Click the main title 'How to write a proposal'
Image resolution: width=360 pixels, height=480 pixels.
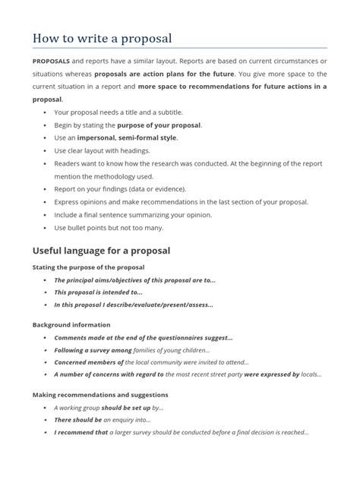point(102,38)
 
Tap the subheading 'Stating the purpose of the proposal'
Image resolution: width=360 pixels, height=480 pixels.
point(88,267)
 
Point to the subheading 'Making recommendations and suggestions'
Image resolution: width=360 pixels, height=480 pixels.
point(100,395)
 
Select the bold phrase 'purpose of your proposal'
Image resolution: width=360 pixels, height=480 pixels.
point(159,125)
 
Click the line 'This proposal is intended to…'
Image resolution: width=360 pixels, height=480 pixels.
point(98,292)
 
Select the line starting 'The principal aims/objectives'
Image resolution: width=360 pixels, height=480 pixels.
point(134,279)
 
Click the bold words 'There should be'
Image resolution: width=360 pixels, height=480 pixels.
point(78,420)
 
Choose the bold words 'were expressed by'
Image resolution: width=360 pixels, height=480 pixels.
point(271,374)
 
